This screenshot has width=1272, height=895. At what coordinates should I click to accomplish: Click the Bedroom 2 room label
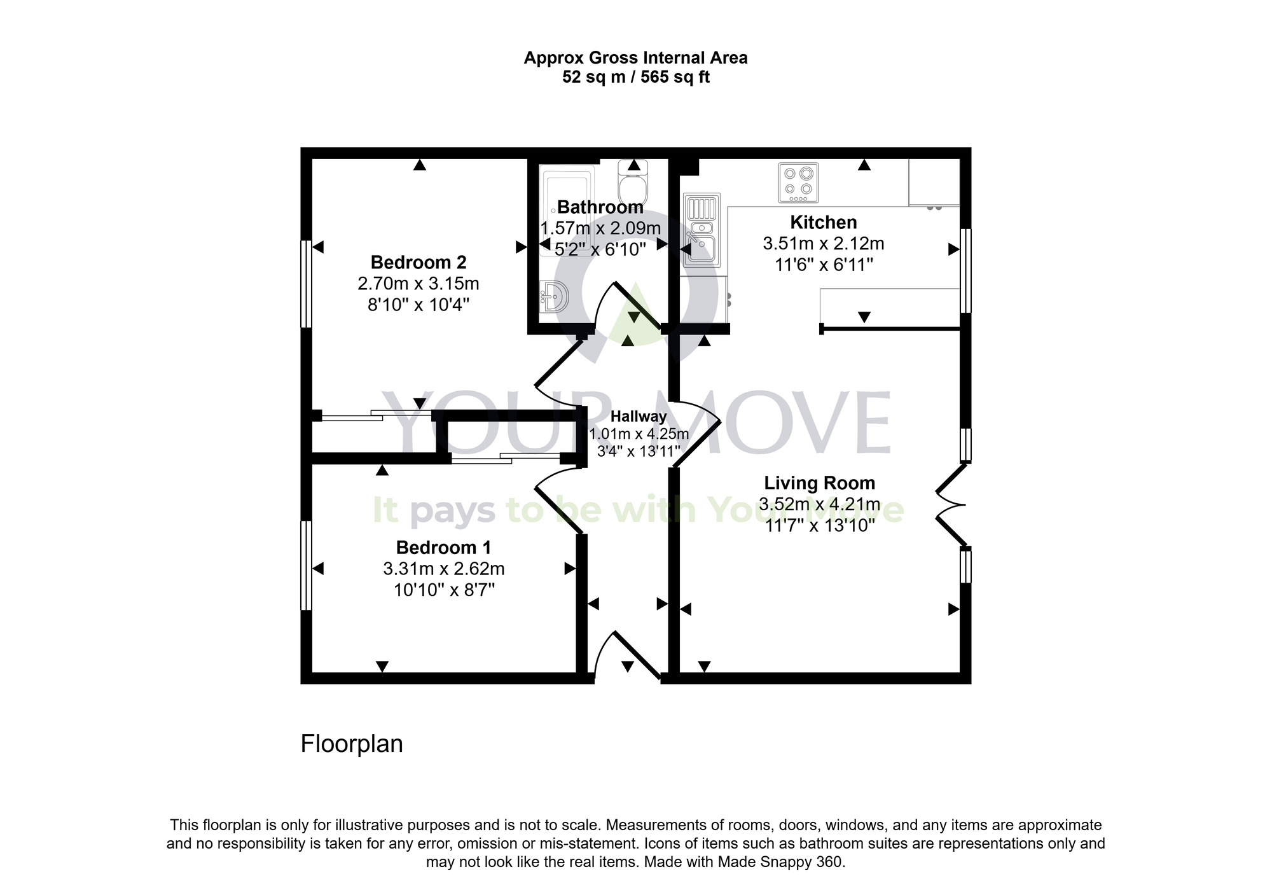click(x=418, y=262)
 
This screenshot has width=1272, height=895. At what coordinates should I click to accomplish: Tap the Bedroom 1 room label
click(x=443, y=548)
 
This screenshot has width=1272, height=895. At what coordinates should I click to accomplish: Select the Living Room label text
click(x=819, y=483)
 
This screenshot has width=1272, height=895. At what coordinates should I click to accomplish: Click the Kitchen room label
click(x=823, y=223)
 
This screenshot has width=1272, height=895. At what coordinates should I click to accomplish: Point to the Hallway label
click(x=639, y=417)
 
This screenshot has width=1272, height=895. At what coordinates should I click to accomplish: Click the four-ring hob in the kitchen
click(x=798, y=183)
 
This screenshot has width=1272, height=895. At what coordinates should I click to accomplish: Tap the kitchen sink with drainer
click(x=700, y=230)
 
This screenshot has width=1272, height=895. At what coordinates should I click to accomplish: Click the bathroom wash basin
click(x=554, y=296)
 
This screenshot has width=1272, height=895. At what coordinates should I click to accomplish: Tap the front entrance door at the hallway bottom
click(x=628, y=655)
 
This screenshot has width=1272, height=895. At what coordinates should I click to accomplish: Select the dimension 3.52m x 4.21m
click(x=819, y=505)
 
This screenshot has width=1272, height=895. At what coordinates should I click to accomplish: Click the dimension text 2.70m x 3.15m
click(x=418, y=284)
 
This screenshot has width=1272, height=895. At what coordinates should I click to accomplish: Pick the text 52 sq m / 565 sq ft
click(x=635, y=78)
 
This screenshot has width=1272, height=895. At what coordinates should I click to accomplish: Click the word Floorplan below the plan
click(x=352, y=744)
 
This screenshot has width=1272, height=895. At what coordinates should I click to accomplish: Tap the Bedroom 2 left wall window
click(x=306, y=284)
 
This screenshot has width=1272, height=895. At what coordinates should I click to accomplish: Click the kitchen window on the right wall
click(x=965, y=271)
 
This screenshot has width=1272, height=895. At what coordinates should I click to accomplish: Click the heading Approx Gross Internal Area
click(x=635, y=58)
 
